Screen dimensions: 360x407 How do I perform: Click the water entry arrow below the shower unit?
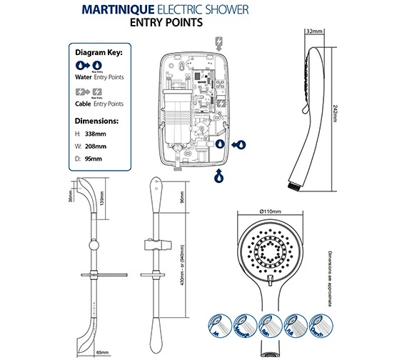(218, 175)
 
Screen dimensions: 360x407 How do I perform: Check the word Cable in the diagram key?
(83, 104)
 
